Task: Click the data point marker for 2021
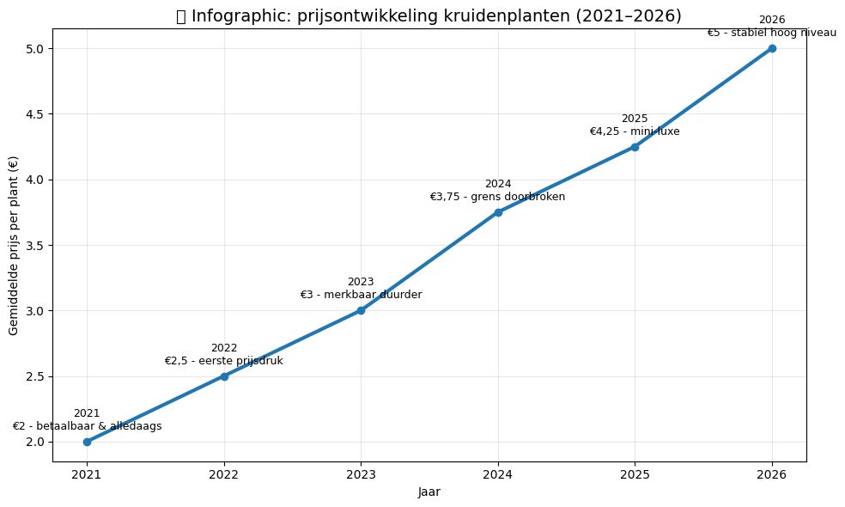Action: pyautogui.click(x=87, y=442)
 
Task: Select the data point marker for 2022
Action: pyautogui.click(x=224, y=376)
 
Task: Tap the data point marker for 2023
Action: pyautogui.click(x=361, y=310)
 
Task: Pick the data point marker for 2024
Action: pyautogui.click(x=498, y=212)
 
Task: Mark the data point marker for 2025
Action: pyautogui.click(x=635, y=147)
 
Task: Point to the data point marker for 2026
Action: pyautogui.click(x=772, y=48)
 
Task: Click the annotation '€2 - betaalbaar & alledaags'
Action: pyautogui.click(x=87, y=426)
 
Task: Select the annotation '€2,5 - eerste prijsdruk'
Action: pyautogui.click(x=224, y=361)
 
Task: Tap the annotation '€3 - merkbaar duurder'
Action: pyautogui.click(x=361, y=296)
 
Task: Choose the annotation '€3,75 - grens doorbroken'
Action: pyautogui.click(x=498, y=198)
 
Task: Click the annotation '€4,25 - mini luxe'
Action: pyautogui.click(x=635, y=131)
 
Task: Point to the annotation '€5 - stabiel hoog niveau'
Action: pyautogui.click(x=772, y=33)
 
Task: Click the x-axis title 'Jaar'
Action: pyautogui.click(x=429, y=492)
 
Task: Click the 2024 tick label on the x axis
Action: pyautogui.click(x=498, y=473)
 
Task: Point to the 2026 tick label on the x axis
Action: pyautogui.click(x=772, y=473)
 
